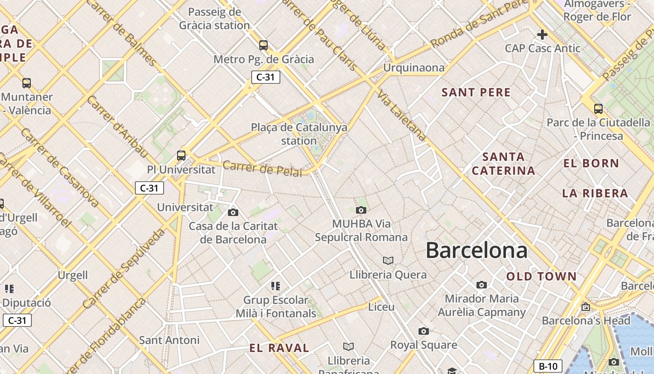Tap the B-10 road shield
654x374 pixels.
tap(547, 366)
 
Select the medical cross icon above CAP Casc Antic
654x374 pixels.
tap(542, 35)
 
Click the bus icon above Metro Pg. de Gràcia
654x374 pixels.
tap(263, 45)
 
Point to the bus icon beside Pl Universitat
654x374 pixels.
tap(181, 156)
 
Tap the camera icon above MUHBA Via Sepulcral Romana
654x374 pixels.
tap(361, 210)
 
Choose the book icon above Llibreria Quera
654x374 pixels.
tap(388, 260)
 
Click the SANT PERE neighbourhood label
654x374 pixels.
tap(476, 92)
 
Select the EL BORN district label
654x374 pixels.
tap(591, 163)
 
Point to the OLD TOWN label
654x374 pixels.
tap(541, 276)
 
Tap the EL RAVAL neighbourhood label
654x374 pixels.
tap(279, 348)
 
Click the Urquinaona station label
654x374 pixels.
tap(414, 68)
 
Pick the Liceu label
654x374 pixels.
tap(381, 307)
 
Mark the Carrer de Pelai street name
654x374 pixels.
tap(263, 168)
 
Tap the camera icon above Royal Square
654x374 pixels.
tap(424, 331)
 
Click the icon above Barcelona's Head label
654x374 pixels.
tap(585, 307)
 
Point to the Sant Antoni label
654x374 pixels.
tap(169, 340)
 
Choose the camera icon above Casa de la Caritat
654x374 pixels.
tap(233, 213)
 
